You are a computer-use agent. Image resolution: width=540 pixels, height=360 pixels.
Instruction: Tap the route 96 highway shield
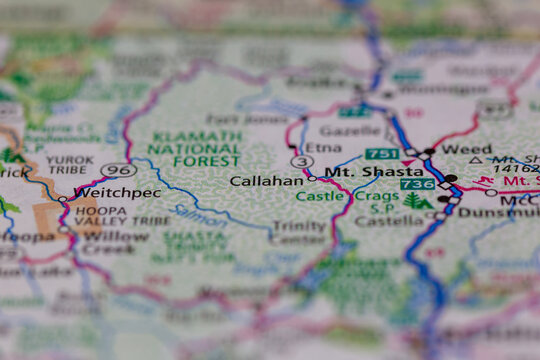[118, 169]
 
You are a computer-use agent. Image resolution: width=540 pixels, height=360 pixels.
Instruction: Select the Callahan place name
[266, 181]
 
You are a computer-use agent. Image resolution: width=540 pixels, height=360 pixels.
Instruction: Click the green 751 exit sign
[382, 154]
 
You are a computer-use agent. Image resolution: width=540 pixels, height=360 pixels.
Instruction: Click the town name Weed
[466, 149]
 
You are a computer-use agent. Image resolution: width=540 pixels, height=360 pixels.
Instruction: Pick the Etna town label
[323, 147]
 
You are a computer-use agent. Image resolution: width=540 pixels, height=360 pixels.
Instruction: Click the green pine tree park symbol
[415, 201]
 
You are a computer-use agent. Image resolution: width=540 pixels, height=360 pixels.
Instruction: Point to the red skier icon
[487, 181]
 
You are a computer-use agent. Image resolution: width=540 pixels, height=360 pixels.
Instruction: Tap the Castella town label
[382, 219]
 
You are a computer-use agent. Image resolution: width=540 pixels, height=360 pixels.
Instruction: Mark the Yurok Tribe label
[70, 165]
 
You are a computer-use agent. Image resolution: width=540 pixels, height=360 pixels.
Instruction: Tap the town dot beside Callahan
[312, 179]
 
